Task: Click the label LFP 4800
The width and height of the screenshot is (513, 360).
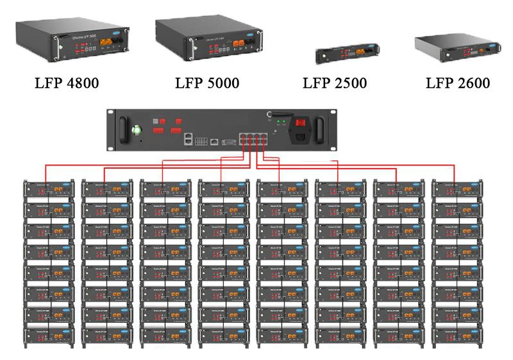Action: point(67,83)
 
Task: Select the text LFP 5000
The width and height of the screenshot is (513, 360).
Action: point(207,83)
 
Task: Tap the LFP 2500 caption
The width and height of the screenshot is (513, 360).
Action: point(335,84)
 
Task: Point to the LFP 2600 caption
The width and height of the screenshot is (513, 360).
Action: point(458,83)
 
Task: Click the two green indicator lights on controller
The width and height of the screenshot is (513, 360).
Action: point(280,120)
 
